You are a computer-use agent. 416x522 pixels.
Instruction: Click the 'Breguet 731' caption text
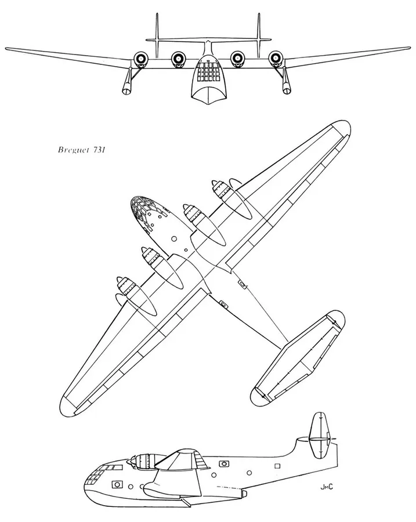coord(82,150)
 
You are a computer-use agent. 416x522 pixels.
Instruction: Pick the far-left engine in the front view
coord(140,59)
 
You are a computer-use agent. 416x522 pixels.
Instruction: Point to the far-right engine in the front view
coord(276,59)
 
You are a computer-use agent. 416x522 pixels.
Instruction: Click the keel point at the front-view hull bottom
coord(209,104)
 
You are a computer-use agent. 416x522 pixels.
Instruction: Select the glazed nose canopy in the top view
coord(142,211)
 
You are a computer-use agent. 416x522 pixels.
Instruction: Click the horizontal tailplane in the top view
coord(298,358)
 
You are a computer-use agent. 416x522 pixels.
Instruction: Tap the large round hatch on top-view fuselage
coord(173,239)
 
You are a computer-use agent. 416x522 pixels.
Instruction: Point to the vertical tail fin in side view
coord(320,436)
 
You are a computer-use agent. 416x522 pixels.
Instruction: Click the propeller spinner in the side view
coord(131,461)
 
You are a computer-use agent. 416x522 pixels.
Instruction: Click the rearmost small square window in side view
coord(277,466)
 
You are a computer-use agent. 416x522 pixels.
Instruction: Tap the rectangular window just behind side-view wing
coord(224,463)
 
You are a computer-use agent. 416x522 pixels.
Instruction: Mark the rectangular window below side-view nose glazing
coord(116,484)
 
